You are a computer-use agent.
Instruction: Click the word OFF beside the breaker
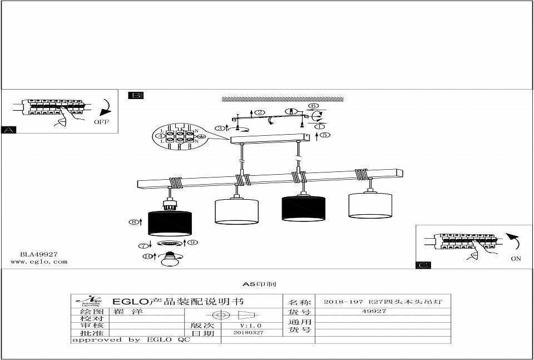pos(102,121)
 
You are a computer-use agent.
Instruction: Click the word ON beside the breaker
pos(516,259)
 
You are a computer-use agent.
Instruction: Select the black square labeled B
pos(135,95)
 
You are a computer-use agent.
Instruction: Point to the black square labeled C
pos(423,265)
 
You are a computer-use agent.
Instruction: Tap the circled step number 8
pos(134,222)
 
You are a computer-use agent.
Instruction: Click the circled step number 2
pos(260,113)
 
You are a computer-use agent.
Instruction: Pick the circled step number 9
pos(192,243)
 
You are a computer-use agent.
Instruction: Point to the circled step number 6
pos(313,106)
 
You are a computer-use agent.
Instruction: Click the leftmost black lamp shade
pos(170,223)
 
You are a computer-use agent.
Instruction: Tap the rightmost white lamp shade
pos(370,205)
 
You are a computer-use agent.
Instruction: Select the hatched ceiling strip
pos(283,99)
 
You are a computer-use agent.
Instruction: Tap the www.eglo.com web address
pos(39,262)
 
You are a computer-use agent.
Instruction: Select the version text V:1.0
pos(250,325)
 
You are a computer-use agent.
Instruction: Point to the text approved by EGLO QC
pos(131,339)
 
